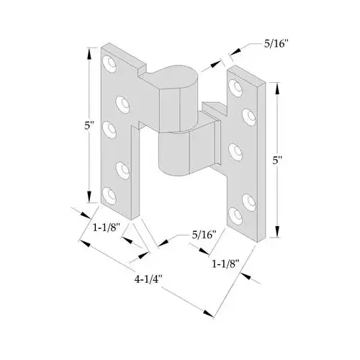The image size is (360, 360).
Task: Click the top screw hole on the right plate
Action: (x=235, y=85)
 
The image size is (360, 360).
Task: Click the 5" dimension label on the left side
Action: (x=88, y=126)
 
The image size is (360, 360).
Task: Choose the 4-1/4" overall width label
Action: (x=148, y=275)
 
